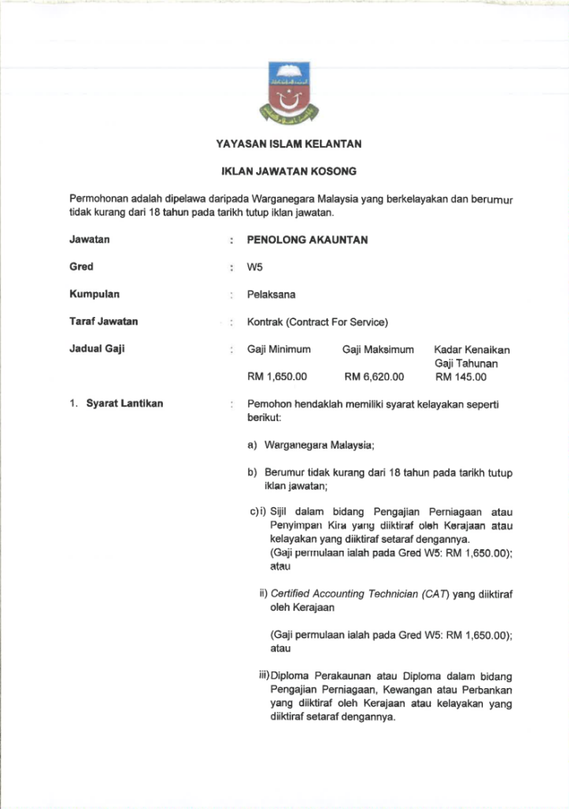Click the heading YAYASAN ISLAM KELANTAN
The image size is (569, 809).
click(288, 145)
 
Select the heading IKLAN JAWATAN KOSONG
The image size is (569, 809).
click(288, 171)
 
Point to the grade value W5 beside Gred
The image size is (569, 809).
click(254, 267)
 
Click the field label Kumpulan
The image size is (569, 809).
click(94, 295)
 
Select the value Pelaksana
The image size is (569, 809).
click(271, 295)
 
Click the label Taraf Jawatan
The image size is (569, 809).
click(104, 322)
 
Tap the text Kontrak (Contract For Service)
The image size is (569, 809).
click(318, 322)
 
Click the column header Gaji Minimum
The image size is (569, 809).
click(279, 349)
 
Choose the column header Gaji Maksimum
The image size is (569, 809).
click(378, 349)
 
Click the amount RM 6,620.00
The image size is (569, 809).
click(374, 377)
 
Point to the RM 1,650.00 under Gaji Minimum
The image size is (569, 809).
click(277, 377)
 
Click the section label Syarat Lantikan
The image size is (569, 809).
click(124, 404)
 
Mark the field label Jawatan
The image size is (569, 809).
click(89, 239)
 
